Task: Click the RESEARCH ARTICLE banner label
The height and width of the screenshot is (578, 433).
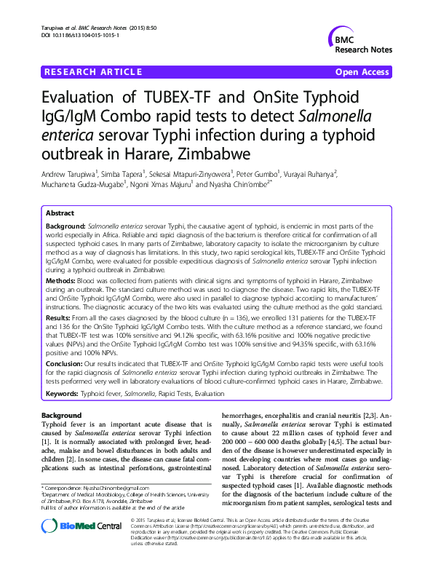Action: [93, 72]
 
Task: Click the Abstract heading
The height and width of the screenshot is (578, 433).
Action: [60, 213]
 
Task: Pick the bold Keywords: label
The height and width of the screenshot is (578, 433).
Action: [64, 394]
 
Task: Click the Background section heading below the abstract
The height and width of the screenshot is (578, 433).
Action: [62, 413]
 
